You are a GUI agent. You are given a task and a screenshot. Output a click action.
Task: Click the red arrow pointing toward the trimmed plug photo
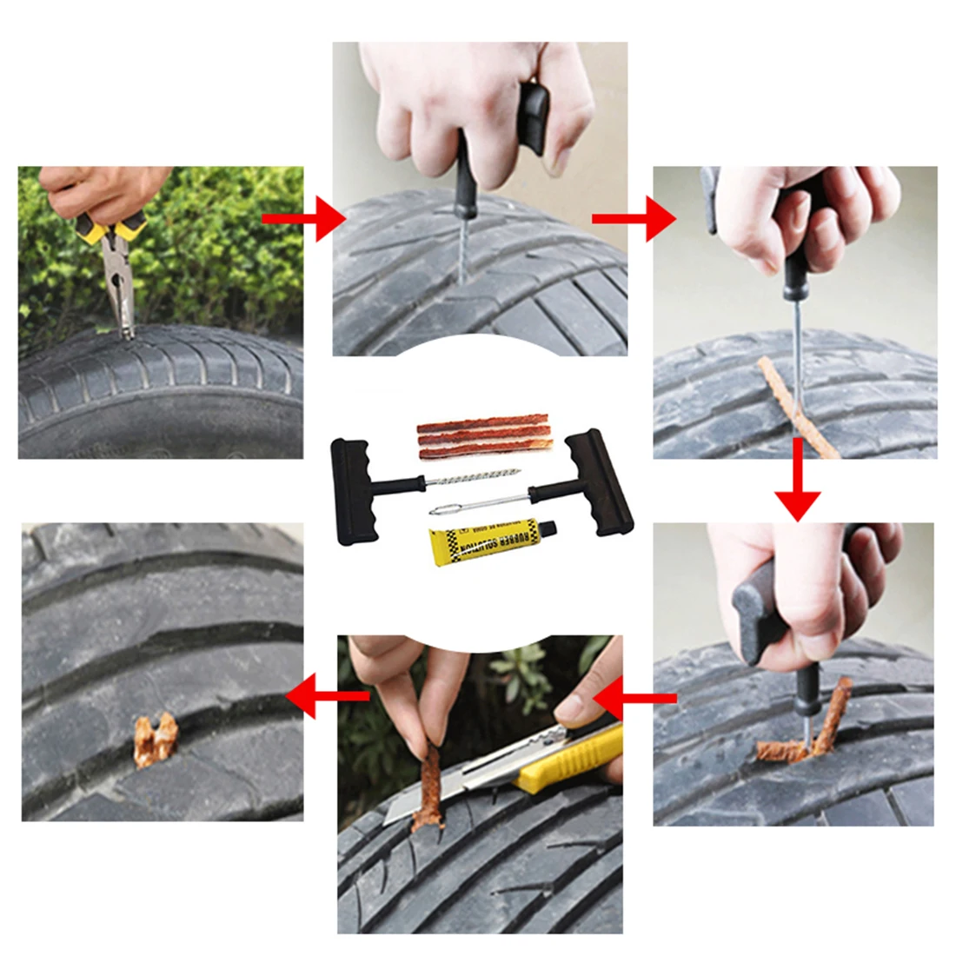(326, 696)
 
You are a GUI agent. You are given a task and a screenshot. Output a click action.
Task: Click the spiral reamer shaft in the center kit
(469, 481)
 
